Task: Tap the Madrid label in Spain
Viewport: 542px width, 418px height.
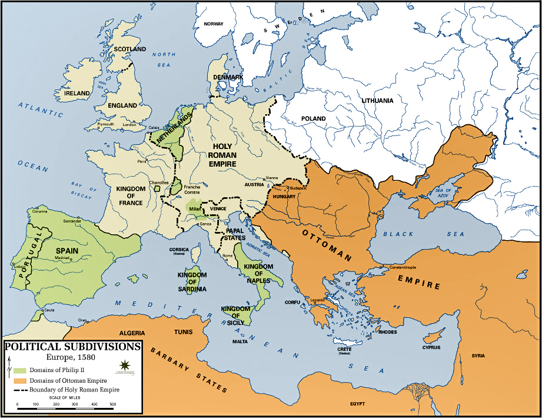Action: click(62, 258)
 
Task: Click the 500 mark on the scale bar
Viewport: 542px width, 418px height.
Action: click(112, 404)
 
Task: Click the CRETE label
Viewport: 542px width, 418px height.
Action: click(345, 349)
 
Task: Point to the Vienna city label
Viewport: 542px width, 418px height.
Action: click(272, 178)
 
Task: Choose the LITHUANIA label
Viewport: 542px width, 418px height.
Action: click(378, 101)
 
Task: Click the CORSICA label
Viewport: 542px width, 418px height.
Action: click(179, 249)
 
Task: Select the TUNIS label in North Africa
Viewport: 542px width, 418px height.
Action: click(182, 331)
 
